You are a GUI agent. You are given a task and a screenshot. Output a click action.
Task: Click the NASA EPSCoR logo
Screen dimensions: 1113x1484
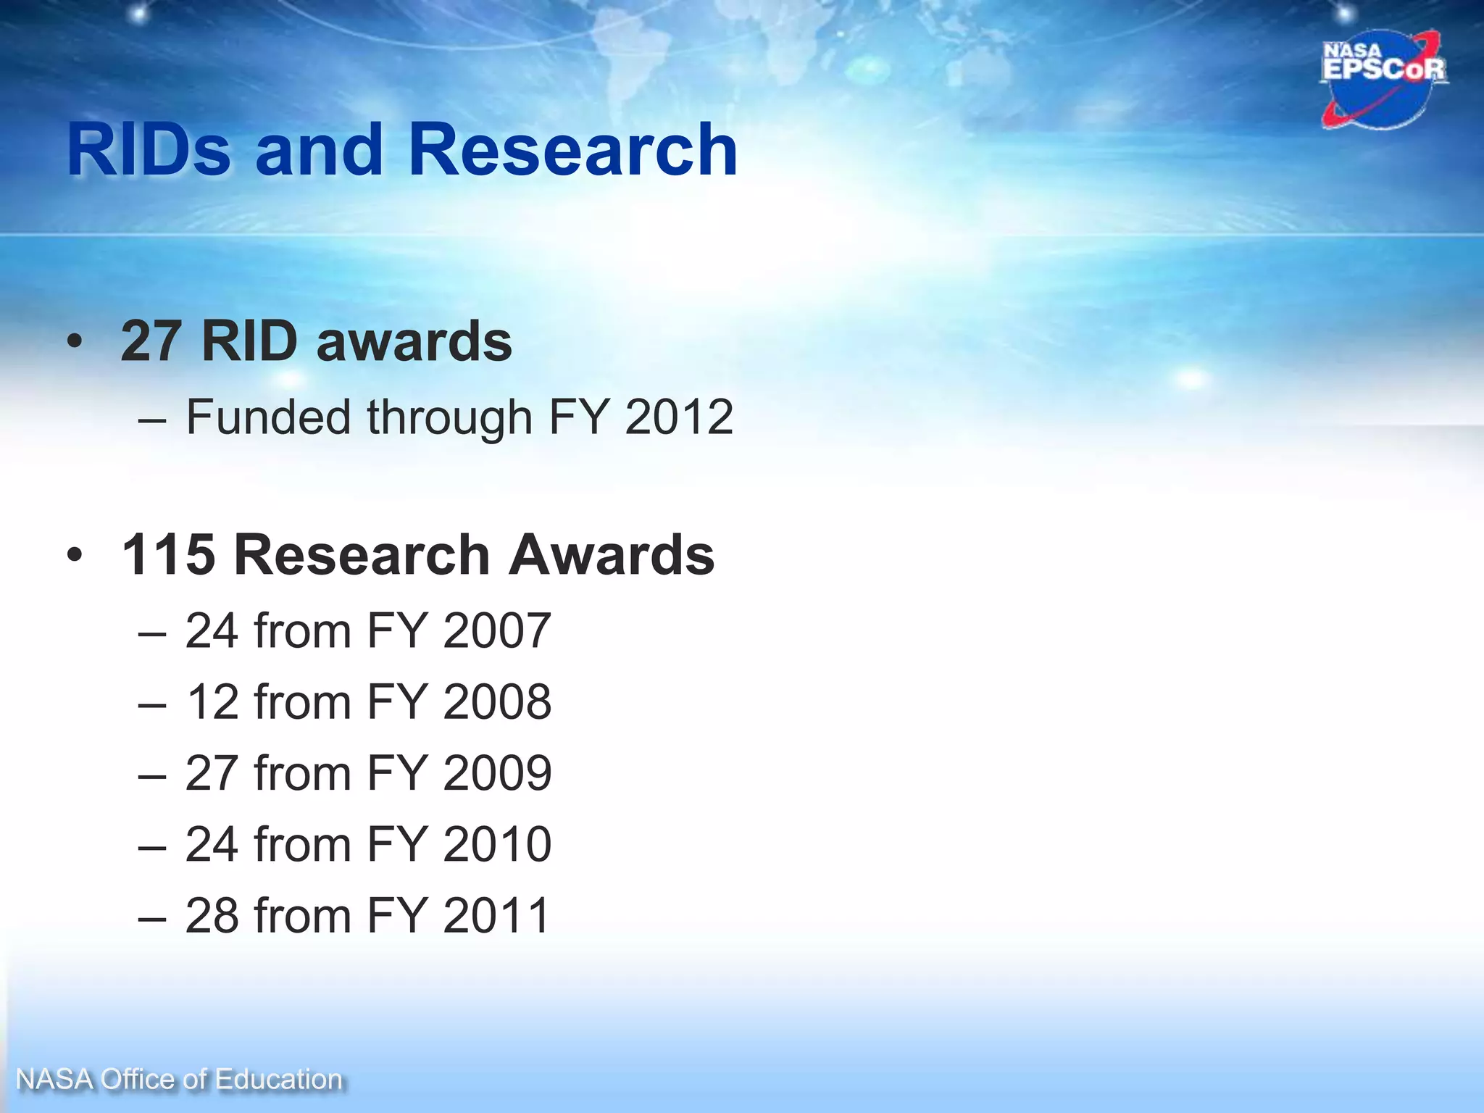click(1383, 78)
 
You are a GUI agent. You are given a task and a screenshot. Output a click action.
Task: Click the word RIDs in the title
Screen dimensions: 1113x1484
click(149, 150)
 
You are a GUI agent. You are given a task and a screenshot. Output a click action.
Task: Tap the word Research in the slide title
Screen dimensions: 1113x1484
click(572, 150)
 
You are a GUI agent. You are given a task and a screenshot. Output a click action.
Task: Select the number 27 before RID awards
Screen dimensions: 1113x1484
click(151, 341)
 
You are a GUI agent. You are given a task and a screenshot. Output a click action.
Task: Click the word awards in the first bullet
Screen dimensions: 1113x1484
click(414, 341)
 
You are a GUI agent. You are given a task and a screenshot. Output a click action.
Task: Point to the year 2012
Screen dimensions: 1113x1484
click(679, 417)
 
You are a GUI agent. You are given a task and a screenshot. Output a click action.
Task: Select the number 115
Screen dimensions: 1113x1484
click(168, 555)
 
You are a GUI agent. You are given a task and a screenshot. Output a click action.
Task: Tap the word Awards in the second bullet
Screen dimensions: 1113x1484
click(612, 555)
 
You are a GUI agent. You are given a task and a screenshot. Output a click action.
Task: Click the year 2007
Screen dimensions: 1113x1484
click(497, 630)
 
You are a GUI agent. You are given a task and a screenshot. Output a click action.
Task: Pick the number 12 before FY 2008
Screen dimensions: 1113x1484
click(212, 701)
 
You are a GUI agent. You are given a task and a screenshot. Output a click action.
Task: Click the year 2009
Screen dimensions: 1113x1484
click(497, 772)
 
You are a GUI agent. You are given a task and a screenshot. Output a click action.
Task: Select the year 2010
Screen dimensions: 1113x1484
click(497, 843)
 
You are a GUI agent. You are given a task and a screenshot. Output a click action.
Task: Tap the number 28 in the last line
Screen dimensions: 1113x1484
click(212, 915)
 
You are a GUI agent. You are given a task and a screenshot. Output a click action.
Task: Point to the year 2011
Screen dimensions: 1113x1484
click(497, 915)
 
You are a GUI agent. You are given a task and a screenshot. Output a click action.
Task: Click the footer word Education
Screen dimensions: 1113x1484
click(278, 1080)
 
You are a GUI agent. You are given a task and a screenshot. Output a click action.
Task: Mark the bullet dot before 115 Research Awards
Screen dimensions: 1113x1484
click(75, 556)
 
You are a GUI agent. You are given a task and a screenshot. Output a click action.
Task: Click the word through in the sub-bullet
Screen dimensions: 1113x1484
click(449, 417)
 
